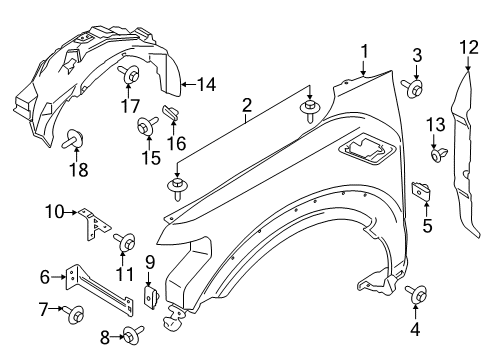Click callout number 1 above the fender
click(365, 50)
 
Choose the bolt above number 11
click(127, 242)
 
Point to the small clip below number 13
click(438, 154)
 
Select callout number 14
click(206, 84)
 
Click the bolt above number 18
click(72, 138)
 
